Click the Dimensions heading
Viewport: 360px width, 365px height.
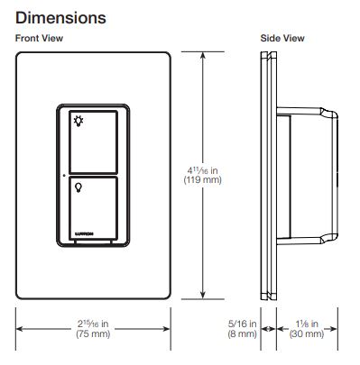click(60, 18)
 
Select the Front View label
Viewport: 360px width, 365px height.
click(39, 39)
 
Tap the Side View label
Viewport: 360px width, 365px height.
click(282, 39)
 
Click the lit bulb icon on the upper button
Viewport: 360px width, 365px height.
click(78, 121)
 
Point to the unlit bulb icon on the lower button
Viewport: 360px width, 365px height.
click(78, 187)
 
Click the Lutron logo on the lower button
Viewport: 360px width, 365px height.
click(84, 233)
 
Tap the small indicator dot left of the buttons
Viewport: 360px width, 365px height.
click(64, 175)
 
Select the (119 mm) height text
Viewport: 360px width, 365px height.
click(202, 180)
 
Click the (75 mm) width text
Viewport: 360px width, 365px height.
click(93, 333)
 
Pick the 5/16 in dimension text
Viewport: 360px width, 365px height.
click(242, 324)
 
